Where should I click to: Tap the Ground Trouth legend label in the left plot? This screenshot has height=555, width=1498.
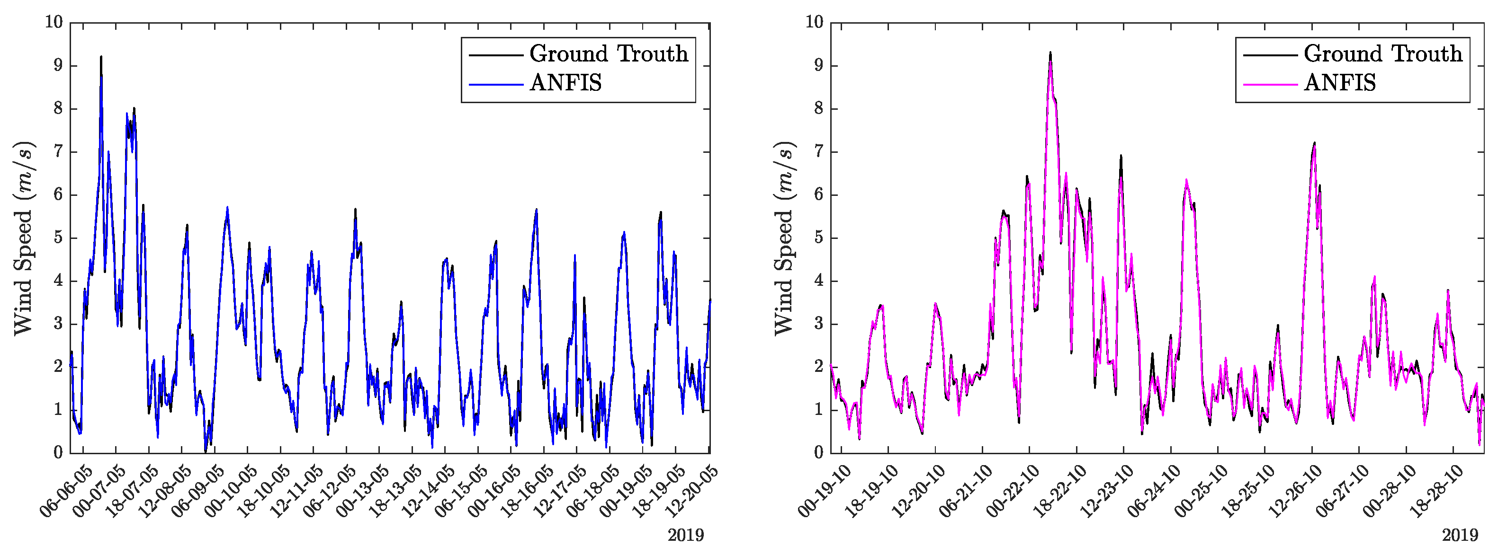[608, 54]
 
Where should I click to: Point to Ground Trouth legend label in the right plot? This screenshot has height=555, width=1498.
[1383, 54]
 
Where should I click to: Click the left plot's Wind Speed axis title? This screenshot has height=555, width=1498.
[24, 238]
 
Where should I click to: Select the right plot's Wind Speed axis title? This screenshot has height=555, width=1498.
[784, 238]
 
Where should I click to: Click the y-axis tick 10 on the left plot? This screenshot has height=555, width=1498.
[54, 22]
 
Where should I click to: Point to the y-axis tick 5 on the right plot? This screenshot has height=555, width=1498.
[819, 238]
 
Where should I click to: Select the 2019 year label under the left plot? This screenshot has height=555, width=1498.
[686, 535]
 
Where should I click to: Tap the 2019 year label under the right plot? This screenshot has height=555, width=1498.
[1460, 535]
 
